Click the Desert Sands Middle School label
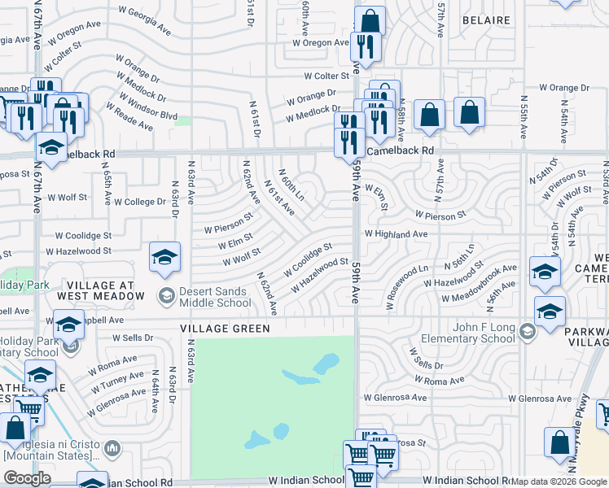click(x=214, y=298)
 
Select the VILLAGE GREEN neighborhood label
click(x=225, y=329)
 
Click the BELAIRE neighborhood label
click(x=485, y=20)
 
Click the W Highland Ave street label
click(x=396, y=234)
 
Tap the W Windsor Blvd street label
click(x=147, y=105)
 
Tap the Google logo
click(x=27, y=478)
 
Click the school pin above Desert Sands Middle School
click(x=164, y=257)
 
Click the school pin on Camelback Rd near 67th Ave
click(x=51, y=147)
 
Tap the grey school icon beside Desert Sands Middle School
click(x=167, y=294)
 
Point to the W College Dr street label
click(x=140, y=202)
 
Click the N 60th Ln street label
click(x=292, y=185)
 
